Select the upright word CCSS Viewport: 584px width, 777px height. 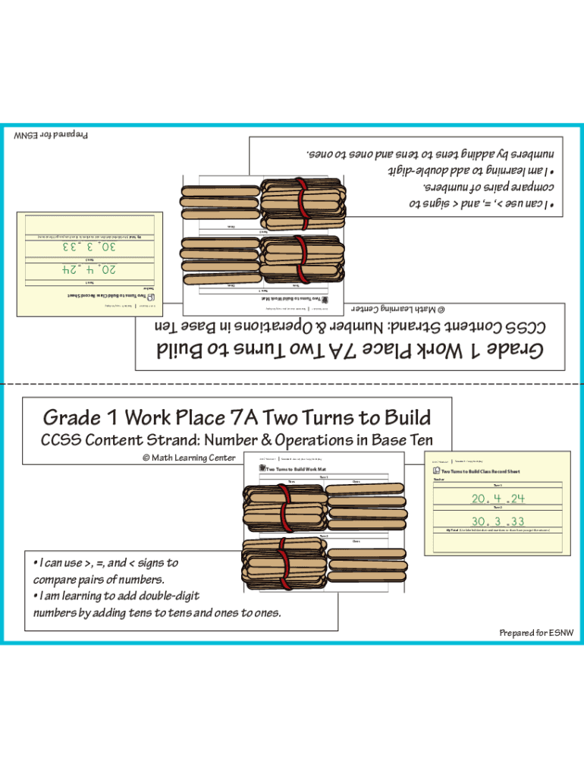click(61, 441)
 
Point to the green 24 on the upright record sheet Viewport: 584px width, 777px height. click(516, 499)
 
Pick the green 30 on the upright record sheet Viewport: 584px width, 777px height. click(479, 521)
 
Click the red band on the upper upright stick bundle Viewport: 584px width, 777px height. click(286, 504)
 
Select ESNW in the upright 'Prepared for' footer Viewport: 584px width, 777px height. click(560, 633)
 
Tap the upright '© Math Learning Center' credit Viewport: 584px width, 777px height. click(189, 458)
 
